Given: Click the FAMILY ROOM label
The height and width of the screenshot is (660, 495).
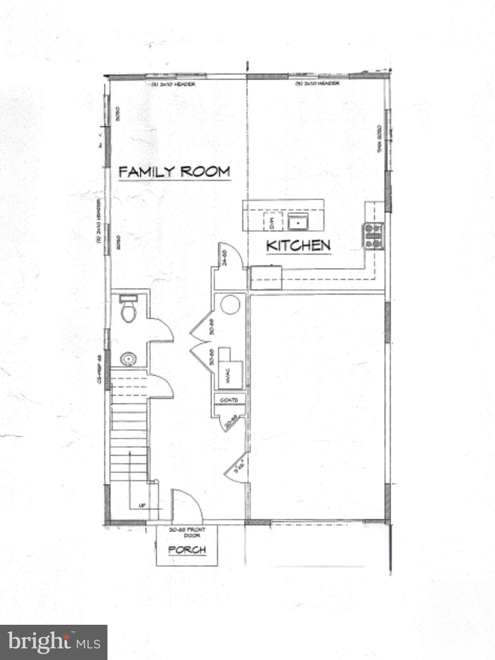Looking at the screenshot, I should pos(174,172).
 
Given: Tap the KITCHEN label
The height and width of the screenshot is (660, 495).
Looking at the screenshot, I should pos(299,246).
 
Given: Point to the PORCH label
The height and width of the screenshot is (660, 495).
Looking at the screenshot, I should pos(187,550).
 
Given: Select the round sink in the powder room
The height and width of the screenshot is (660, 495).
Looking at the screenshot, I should pos(128,358).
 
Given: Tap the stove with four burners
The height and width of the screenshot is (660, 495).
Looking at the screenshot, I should pos(373,236).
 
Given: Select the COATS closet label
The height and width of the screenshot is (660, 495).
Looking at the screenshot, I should pos(229,400).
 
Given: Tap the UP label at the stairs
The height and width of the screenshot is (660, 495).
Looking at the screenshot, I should pos(142,505).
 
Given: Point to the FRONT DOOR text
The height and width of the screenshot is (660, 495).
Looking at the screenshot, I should pos(187,532).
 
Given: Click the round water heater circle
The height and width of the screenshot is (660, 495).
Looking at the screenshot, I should pos(230,305).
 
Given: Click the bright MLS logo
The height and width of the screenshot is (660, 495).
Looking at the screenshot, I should pos(54,642).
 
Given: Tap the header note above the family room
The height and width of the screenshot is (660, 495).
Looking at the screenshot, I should pos(173,84).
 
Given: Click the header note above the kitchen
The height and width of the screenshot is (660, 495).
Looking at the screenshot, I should pos(317,83).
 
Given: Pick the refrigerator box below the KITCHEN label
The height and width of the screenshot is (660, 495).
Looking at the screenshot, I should pos(266,278).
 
